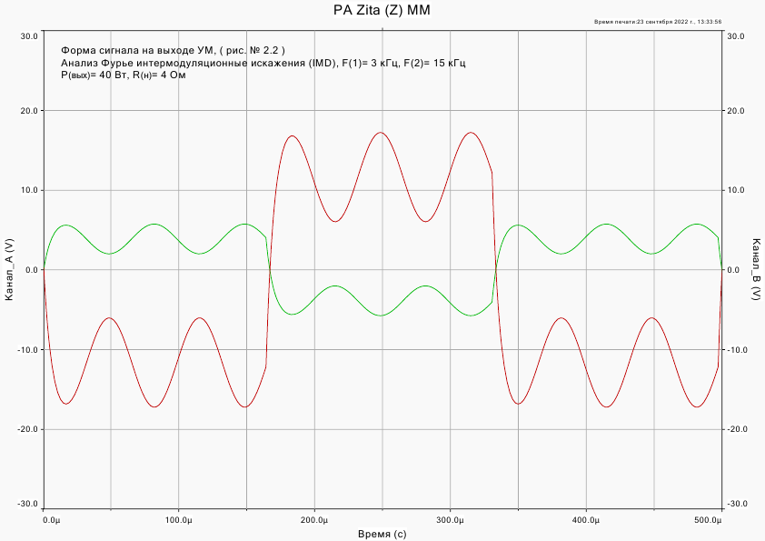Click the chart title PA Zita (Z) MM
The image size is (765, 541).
click(x=382, y=9)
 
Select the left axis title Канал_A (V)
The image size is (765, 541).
click(x=9, y=270)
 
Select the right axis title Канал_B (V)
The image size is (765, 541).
click(x=755, y=270)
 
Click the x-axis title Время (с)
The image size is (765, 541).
click(x=382, y=534)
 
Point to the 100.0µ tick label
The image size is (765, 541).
click(x=179, y=520)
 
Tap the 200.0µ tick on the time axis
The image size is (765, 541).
click(x=314, y=520)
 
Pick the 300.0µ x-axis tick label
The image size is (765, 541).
click(x=451, y=520)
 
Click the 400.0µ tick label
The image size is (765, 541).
click(x=586, y=520)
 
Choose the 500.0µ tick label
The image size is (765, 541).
click(x=708, y=520)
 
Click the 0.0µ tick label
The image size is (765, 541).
click(x=52, y=520)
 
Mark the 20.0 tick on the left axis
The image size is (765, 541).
click(x=29, y=111)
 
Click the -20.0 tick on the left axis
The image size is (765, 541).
click(x=27, y=429)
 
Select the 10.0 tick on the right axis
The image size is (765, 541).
click(x=735, y=191)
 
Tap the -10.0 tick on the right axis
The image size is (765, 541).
click(x=737, y=350)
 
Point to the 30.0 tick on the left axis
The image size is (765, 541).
click(x=29, y=36)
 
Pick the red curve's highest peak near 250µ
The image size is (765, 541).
click(x=381, y=133)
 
